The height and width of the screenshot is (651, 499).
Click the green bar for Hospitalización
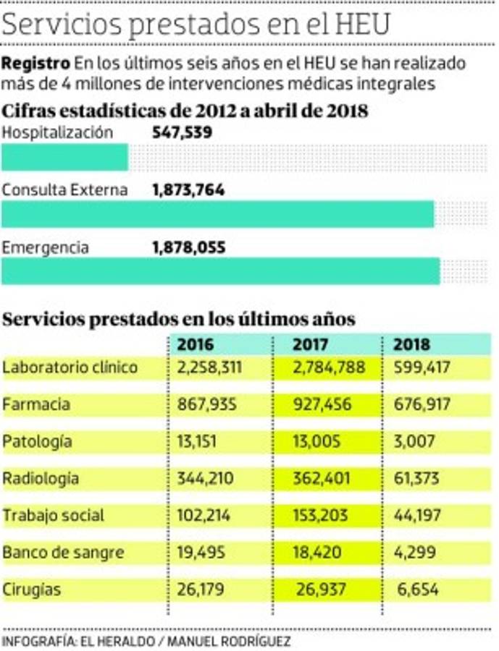click(x=65, y=158)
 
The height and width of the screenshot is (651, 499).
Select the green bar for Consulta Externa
click(x=218, y=214)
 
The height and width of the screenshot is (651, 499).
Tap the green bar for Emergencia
click(x=221, y=271)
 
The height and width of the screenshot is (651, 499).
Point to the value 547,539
click(x=180, y=133)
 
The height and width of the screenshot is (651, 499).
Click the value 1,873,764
click(x=188, y=190)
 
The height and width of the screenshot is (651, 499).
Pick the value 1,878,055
click(x=189, y=247)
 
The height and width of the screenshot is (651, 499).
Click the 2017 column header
click(x=311, y=344)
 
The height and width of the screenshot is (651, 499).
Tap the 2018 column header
click(x=411, y=344)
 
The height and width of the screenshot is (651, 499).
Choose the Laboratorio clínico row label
click(x=70, y=367)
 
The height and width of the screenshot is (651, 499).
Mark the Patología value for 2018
click(x=414, y=441)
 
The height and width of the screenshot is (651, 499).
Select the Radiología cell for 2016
click(x=207, y=478)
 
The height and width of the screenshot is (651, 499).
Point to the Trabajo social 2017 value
click(x=323, y=515)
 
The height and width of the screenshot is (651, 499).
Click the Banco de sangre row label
click(x=64, y=553)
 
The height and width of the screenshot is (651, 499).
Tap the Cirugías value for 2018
click(x=419, y=590)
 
